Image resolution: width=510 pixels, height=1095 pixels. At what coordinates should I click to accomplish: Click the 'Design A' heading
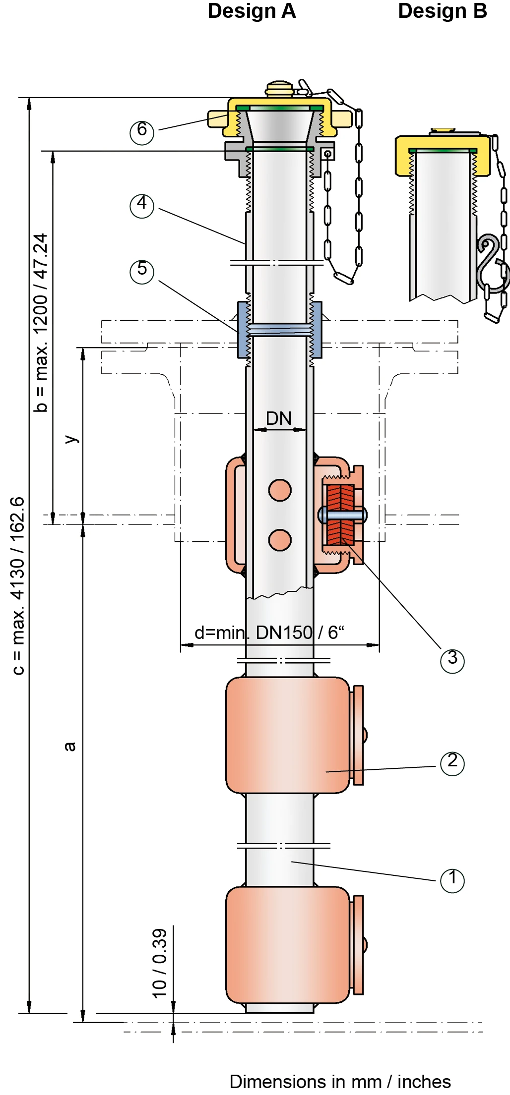pyautogui.click(x=252, y=11)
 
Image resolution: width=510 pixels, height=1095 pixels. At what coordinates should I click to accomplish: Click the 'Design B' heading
pyautogui.click(x=443, y=11)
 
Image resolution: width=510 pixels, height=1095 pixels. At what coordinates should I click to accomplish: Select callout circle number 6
pyautogui.click(x=142, y=132)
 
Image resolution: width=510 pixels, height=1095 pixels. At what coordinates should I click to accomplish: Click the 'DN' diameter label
pyautogui.click(x=279, y=419)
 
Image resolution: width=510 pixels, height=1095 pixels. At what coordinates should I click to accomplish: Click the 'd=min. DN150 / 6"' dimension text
pyautogui.click(x=269, y=633)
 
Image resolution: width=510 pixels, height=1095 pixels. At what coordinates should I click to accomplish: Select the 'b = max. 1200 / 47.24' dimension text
pyautogui.click(x=41, y=322)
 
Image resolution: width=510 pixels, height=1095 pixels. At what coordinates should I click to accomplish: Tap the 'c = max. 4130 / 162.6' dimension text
pyautogui.click(x=18, y=585)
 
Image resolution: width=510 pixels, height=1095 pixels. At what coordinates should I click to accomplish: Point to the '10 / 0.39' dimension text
pyautogui.click(x=160, y=963)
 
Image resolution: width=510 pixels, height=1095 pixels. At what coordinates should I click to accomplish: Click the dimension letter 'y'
pyautogui.click(x=71, y=439)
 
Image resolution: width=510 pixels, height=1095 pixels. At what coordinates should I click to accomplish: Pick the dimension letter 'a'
pyautogui.click(x=70, y=747)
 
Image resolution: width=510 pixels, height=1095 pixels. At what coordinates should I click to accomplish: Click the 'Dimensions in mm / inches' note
pyautogui.click(x=340, y=1082)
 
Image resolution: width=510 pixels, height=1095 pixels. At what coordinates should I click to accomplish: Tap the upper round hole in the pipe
pyautogui.click(x=280, y=490)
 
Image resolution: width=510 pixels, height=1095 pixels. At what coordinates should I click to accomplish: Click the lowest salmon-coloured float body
pyautogui.click(x=288, y=945)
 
